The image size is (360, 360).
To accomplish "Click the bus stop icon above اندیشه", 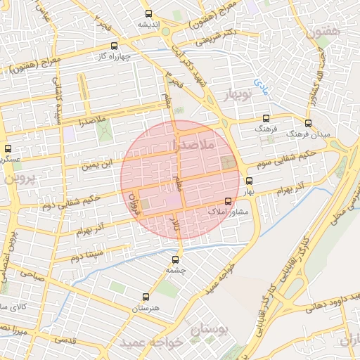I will tap(148, 14).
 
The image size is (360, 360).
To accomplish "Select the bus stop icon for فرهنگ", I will tap(265, 119).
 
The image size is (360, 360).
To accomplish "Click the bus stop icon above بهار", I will tap(249, 180).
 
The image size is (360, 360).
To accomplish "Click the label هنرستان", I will tap(146, 309).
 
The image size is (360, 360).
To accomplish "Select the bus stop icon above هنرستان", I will tap(146, 297).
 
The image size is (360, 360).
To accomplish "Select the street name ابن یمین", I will tap(96, 167).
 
